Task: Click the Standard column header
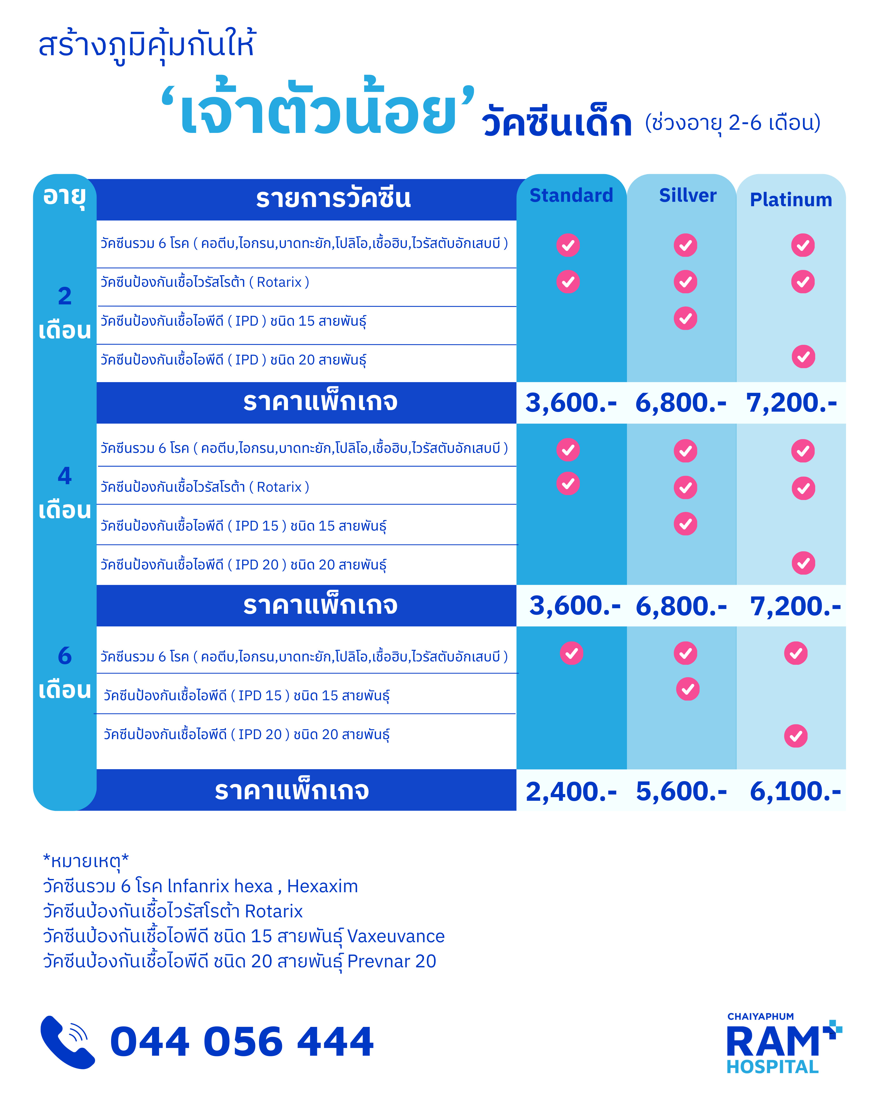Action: [571, 195]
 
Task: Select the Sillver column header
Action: [688, 195]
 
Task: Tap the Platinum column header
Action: [790, 200]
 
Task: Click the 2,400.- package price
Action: [571, 791]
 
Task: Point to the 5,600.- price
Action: [681, 791]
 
